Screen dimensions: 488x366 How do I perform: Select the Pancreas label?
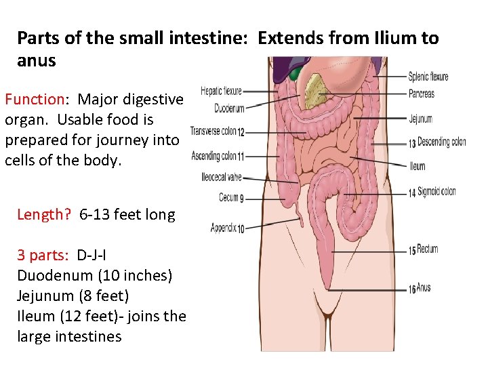pyautogui.click(x=422, y=94)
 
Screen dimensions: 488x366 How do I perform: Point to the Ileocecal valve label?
pyautogui.click(x=222, y=178)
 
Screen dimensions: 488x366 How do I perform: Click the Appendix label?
pyautogui.click(x=224, y=228)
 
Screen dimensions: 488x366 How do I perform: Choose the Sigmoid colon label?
pyautogui.click(x=436, y=192)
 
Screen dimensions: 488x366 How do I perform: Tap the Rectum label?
pyautogui.click(x=428, y=249)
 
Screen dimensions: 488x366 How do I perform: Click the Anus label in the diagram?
pyautogui.click(x=424, y=288)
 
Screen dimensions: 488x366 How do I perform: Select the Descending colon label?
pyautogui.click(x=442, y=142)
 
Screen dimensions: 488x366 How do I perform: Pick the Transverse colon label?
pyautogui.click(x=213, y=131)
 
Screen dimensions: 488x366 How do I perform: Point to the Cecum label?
pyautogui.click(x=228, y=198)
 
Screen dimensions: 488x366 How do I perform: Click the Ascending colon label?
pyautogui.click(x=214, y=157)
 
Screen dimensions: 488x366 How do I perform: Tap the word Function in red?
pyautogui.click(x=34, y=100)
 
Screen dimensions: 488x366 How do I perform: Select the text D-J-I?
pyautogui.click(x=91, y=256)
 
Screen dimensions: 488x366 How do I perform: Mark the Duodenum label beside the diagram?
pyautogui.click(x=229, y=108)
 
